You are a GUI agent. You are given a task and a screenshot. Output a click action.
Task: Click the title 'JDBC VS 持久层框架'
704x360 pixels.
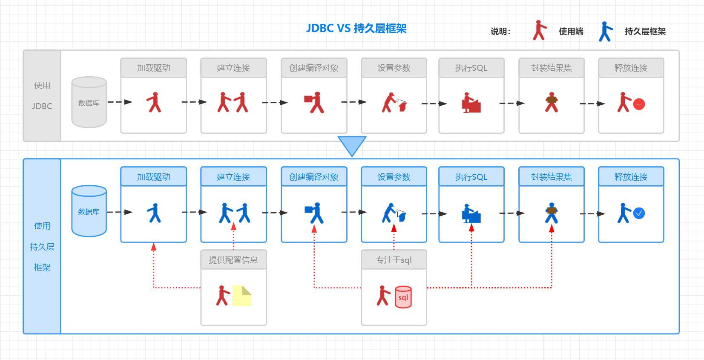pyautogui.click(x=356, y=29)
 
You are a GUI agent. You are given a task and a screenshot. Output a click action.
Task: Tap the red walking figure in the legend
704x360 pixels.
pyautogui.click(x=540, y=31)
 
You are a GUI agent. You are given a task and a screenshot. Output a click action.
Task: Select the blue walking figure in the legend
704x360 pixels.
pyautogui.click(x=606, y=32)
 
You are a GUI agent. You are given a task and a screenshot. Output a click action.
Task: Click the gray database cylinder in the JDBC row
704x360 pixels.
pyautogui.click(x=89, y=102)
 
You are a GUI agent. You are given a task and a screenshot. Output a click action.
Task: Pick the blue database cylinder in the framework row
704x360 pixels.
pyautogui.click(x=89, y=210)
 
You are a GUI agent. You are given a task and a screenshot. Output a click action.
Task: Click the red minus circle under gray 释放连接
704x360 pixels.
pyautogui.click(x=639, y=104)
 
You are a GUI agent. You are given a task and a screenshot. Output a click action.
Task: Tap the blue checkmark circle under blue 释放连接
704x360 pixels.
pyautogui.click(x=639, y=213)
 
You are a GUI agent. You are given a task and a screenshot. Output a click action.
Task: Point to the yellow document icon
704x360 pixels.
pyautogui.click(x=241, y=296)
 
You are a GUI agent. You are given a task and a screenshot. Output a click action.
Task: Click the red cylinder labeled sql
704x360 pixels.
pyautogui.click(x=403, y=297)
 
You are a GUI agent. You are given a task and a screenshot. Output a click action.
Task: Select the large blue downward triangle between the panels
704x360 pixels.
pyautogui.click(x=352, y=144)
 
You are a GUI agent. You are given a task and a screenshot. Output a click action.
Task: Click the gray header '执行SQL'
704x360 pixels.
pyautogui.click(x=471, y=68)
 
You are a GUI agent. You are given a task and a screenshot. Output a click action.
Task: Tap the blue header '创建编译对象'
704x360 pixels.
pyautogui.click(x=314, y=177)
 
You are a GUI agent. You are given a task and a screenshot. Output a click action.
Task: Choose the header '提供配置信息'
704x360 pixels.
pyautogui.click(x=233, y=260)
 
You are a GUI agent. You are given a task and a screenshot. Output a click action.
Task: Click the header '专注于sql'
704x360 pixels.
pyautogui.click(x=394, y=260)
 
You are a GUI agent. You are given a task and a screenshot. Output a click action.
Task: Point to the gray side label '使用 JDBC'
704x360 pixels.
pyautogui.click(x=42, y=95)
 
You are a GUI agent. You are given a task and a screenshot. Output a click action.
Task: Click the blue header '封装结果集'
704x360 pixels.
pyautogui.click(x=552, y=177)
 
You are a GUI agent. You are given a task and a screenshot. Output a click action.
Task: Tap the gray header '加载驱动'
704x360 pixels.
pyautogui.click(x=154, y=68)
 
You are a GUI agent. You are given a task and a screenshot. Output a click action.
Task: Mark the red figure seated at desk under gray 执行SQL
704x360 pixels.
pyautogui.click(x=471, y=103)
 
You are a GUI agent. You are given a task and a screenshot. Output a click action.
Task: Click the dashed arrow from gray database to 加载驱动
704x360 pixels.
pyautogui.click(x=120, y=102)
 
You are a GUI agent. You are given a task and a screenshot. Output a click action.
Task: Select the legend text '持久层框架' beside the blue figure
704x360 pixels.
pyautogui.click(x=645, y=32)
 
